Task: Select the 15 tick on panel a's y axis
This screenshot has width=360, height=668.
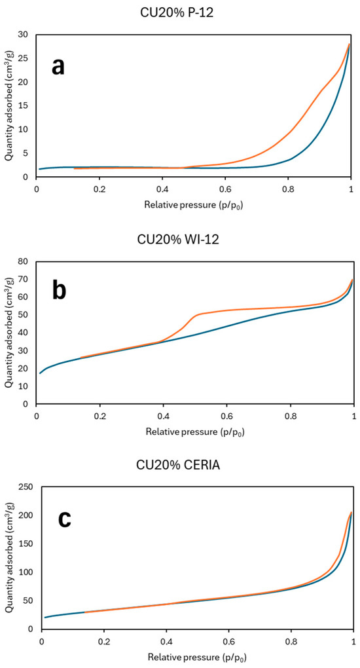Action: (23, 105)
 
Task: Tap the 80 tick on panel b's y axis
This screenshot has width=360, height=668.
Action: (23, 261)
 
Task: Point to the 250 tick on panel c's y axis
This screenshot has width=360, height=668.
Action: (20, 487)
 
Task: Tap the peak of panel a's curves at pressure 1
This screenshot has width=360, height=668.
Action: (350, 44)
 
